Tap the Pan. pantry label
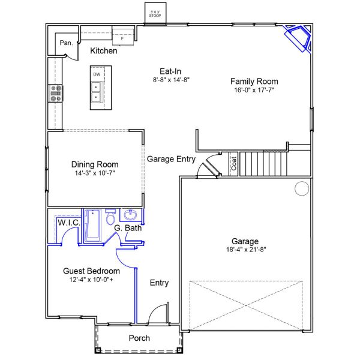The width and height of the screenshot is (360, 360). (65, 43)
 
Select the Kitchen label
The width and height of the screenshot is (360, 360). (103, 52)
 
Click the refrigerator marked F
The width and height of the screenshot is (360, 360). (122, 35)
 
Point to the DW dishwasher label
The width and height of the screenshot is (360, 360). (96, 74)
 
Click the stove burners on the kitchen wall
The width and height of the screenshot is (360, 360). (55, 92)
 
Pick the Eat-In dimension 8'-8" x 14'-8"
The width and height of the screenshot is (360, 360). (171, 79)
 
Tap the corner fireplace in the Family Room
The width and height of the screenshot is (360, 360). (299, 37)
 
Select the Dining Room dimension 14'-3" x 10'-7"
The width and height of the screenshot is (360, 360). (94, 173)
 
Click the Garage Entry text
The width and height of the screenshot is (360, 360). (171, 159)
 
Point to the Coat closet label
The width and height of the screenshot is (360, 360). (234, 164)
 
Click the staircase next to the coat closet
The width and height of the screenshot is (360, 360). (264, 163)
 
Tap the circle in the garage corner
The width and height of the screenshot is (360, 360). (301, 190)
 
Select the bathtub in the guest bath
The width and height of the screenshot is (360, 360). (92, 226)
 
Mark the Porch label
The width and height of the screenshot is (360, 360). (139, 338)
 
